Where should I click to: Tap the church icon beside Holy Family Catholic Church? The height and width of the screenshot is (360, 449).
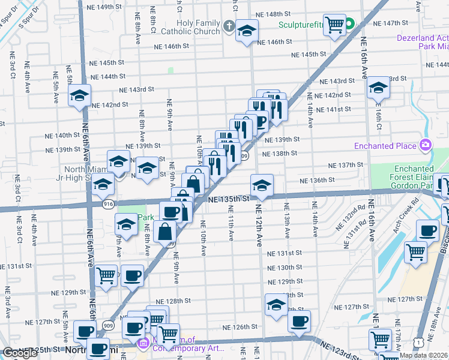click(x=229, y=26)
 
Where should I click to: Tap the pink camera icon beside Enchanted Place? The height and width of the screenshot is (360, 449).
click(x=426, y=145)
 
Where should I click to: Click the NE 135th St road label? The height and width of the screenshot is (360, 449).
click(x=228, y=198)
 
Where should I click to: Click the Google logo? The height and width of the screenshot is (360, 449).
click(x=20, y=353)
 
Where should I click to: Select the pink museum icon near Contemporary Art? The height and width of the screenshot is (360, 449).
click(x=143, y=344)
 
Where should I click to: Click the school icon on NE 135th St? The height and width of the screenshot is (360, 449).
click(x=262, y=184)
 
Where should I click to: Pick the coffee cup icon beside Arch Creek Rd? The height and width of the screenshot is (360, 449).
click(x=429, y=230)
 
